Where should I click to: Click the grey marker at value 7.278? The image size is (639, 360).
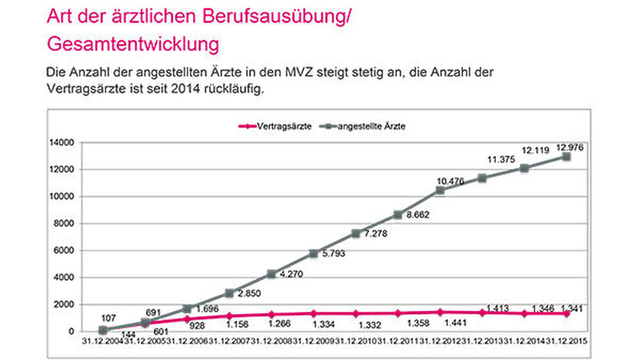355,233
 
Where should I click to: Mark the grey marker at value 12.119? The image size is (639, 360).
524,168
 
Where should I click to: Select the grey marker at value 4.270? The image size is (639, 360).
271,274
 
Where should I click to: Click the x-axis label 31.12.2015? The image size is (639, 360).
569,341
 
